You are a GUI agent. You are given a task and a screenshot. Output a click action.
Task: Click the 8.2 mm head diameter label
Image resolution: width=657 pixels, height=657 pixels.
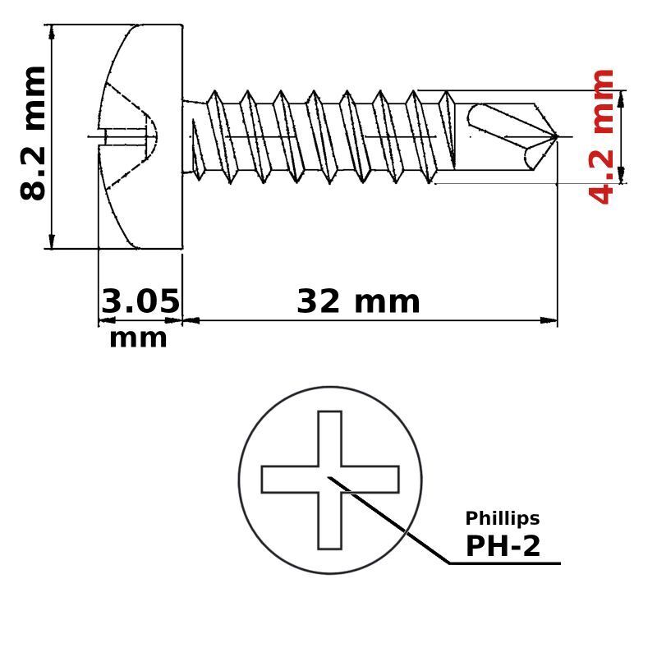click(x=33, y=133)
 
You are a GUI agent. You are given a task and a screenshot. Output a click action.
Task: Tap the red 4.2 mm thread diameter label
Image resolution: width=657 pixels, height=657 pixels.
click(x=601, y=136)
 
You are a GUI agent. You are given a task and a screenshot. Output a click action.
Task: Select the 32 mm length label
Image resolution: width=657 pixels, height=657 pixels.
click(x=358, y=301)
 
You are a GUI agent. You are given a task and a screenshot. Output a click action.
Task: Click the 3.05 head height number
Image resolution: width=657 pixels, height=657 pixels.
click(x=140, y=301)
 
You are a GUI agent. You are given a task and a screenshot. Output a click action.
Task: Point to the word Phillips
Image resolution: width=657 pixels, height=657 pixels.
click(x=503, y=518)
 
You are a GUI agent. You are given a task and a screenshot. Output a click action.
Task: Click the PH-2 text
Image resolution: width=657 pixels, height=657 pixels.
click(x=503, y=546)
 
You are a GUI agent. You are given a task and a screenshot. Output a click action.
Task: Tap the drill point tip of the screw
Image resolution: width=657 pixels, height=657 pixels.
click(x=558, y=136)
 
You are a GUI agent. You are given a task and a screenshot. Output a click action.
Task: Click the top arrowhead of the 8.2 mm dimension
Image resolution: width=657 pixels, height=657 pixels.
click(x=52, y=32)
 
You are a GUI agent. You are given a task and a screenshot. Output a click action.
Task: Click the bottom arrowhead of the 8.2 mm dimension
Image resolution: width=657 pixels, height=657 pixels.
click(x=52, y=241)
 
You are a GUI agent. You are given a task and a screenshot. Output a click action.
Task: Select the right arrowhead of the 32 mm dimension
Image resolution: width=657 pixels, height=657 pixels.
click(x=549, y=320)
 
